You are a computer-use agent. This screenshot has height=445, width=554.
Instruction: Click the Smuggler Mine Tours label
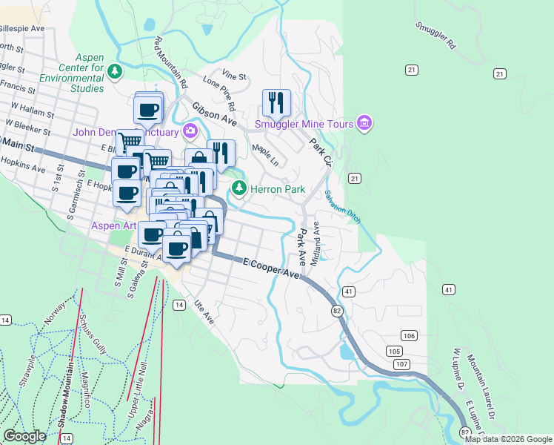[x=302, y=124]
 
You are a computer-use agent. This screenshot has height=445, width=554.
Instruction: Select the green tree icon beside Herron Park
[x=238, y=188]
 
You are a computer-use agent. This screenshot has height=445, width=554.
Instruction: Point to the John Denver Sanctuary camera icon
[x=190, y=132]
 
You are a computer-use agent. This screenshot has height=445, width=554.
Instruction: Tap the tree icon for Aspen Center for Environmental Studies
[x=115, y=71]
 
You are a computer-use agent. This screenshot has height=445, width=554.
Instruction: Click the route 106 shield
[x=410, y=336]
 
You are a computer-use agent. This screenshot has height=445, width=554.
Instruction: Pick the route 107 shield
[x=402, y=364]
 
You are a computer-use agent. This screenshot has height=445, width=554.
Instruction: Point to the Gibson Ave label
[x=214, y=113]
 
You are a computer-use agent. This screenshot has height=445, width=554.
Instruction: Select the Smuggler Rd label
[x=435, y=36]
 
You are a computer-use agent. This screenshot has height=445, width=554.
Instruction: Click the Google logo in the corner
[x=25, y=436]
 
